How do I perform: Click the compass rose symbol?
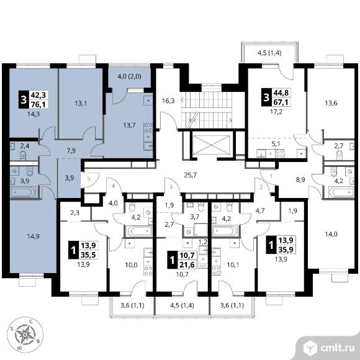tap(25, 335)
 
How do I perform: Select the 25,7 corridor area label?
tap(191, 175)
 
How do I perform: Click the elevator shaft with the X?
tap(211, 144)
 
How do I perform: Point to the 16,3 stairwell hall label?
tap(168, 101)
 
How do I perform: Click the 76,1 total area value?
tap(38, 104)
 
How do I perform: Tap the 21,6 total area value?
tap(187, 264)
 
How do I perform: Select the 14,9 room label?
tap(33, 236)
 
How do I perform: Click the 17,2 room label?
tap(276, 112)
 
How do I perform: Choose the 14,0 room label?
tap(331, 234)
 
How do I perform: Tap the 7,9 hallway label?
tap(71, 151)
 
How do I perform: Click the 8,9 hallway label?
tap(300, 180)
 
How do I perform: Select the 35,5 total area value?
tap(88, 254)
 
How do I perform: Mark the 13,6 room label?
tap(331, 103)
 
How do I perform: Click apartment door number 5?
tap(89, 178)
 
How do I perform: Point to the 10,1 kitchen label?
tap(233, 265)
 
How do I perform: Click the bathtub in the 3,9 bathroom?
tap(23, 192)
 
